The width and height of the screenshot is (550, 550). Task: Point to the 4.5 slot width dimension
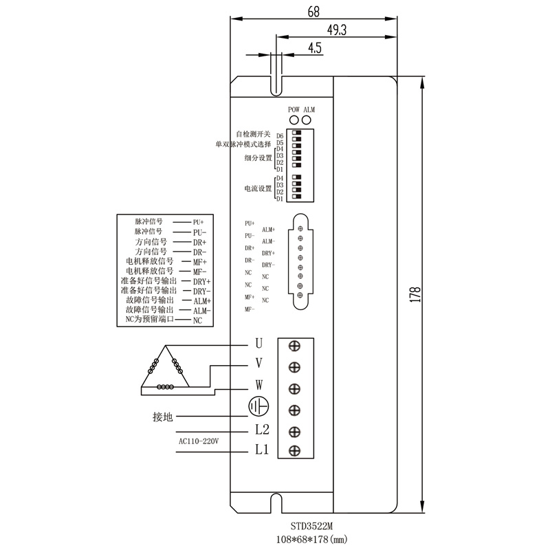(x=316, y=47)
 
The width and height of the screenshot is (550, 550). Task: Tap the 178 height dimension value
(x=415, y=294)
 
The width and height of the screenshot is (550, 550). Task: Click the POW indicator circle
(x=294, y=119)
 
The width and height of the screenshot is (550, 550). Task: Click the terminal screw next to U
(x=295, y=346)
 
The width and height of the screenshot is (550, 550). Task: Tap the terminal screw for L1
(x=295, y=451)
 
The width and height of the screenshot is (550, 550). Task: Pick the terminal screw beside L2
(x=295, y=431)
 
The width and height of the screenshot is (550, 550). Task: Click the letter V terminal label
(x=258, y=364)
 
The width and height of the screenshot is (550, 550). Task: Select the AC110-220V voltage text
(x=198, y=441)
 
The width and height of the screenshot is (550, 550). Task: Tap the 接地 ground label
(x=162, y=417)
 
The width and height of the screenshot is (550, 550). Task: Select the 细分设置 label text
(x=258, y=158)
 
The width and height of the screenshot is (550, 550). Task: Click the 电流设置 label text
(x=258, y=188)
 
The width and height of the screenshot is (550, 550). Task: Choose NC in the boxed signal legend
(x=197, y=320)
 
